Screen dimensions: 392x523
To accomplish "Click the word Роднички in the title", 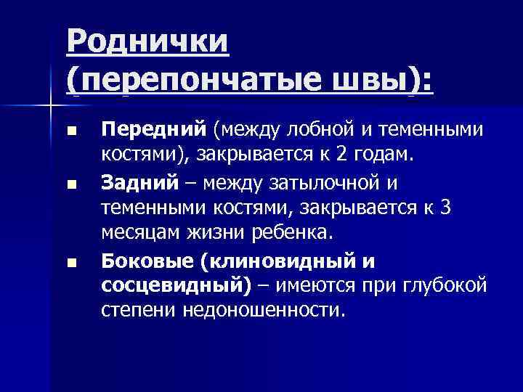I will pos(148,41).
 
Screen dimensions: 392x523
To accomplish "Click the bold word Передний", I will pos(154,130).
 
